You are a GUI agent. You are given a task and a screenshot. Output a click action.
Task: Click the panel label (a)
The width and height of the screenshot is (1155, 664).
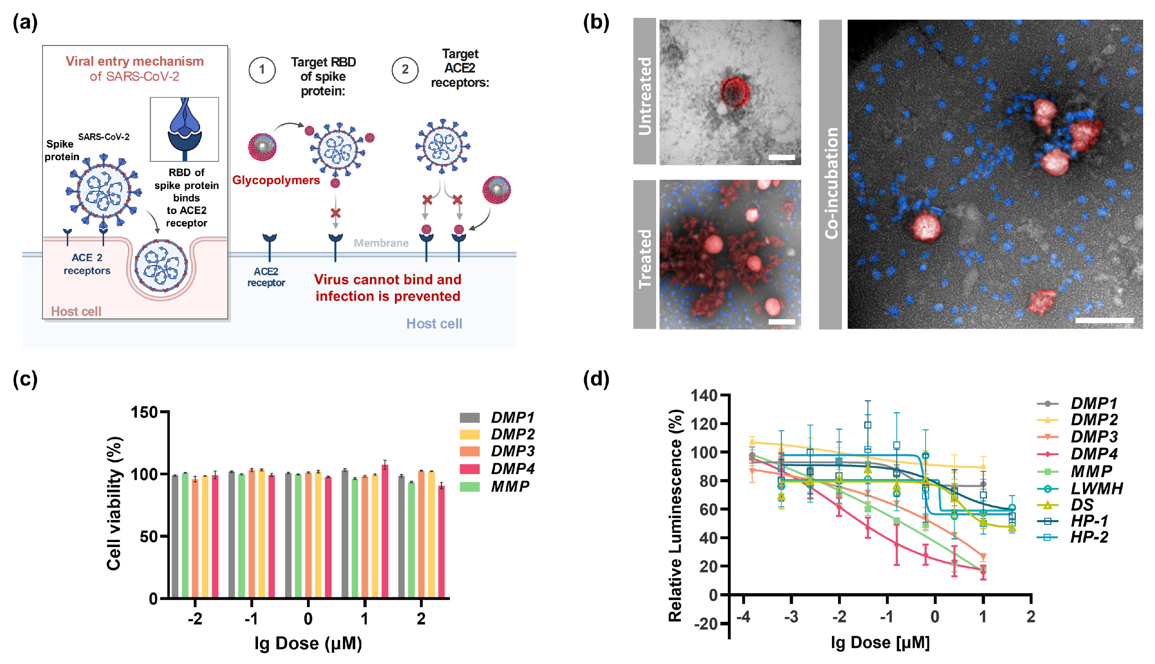pyautogui.click(x=25, y=23)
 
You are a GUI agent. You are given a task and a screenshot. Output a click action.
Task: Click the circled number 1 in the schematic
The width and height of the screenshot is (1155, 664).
pyautogui.click(x=262, y=70)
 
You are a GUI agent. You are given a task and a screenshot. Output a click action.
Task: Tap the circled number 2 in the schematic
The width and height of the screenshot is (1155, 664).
pyautogui.click(x=405, y=70)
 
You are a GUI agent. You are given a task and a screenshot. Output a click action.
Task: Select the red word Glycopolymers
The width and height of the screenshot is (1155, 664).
pyautogui.click(x=276, y=180)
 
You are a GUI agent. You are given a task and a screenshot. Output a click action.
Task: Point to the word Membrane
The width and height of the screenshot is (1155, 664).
pyautogui.click(x=381, y=243)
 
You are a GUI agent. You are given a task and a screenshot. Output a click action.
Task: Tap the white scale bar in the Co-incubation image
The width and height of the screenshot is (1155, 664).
pyautogui.click(x=1104, y=320)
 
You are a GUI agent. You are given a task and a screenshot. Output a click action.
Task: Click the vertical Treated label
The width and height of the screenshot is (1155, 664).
pyautogui.click(x=645, y=259)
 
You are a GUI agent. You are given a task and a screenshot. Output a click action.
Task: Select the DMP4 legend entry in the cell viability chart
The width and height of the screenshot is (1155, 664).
pyautogui.click(x=497, y=469)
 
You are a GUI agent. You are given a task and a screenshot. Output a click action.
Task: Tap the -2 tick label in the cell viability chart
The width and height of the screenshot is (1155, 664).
pyautogui.click(x=195, y=619)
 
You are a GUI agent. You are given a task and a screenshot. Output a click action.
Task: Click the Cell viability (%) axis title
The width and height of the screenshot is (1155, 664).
pyautogui.click(x=114, y=504)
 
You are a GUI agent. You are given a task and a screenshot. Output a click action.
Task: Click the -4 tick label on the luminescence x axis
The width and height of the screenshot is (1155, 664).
pyautogui.click(x=743, y=617)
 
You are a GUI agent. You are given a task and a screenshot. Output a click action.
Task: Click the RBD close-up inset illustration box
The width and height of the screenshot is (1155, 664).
pyautogui.click(x=184, y=129)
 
